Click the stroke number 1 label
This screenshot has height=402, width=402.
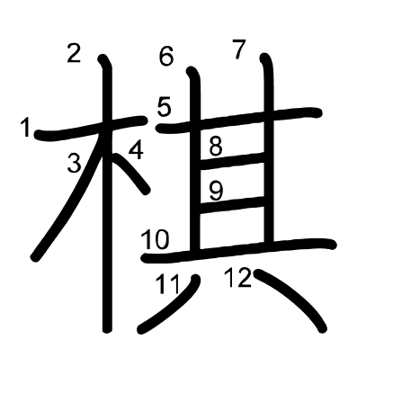click(26, 128)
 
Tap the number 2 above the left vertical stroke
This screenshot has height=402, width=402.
click(74, 53)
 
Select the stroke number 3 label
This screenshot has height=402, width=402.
click(75, 163)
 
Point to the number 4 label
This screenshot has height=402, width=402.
click(137, 150)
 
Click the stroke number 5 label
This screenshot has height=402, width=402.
click(164, 108)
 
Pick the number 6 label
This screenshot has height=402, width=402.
click(166, 57)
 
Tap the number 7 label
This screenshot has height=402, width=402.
click(239, 49)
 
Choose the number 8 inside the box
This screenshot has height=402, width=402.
click(216, 147)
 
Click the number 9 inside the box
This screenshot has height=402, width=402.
click(216, 192)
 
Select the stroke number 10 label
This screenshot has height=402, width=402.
click(156, 240)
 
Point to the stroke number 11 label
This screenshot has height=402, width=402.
click(168, 284)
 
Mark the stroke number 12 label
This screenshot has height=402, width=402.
click(238, 278)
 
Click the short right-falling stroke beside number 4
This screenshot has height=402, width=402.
click(130, 173)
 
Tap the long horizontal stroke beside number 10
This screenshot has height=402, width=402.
click(240, 250)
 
